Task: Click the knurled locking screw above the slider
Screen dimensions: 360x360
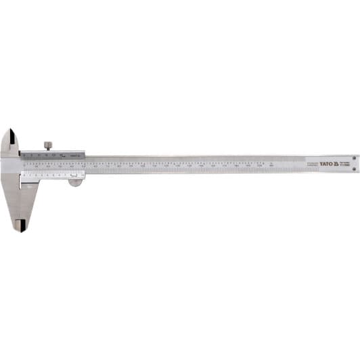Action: (x=48, y=145)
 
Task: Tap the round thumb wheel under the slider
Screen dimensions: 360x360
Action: (x=75, y=181)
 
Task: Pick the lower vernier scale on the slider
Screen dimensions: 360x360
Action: (x=51, y=174)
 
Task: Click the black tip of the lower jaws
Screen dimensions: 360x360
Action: (x=22, y=225)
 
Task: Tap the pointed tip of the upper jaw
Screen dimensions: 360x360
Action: (x=9, y=131)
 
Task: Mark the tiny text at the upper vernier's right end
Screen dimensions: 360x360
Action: (x=77, y=156)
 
